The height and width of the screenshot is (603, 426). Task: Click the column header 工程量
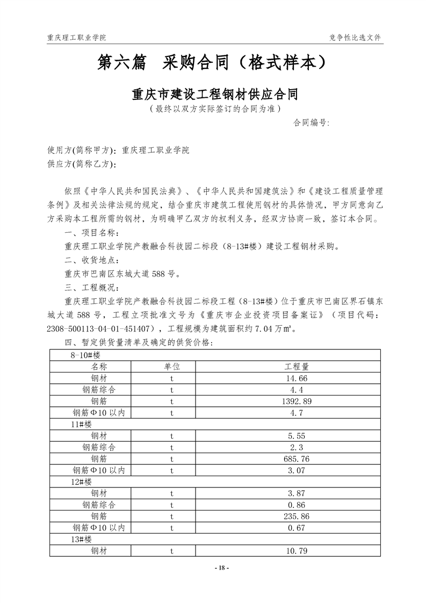coord(296,366)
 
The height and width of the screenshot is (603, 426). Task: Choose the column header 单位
coord(172,366)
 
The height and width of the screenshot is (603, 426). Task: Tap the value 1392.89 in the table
coord(296,401)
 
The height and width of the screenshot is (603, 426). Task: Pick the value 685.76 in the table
coord(296,458)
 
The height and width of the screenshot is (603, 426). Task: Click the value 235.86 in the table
coord(296,516)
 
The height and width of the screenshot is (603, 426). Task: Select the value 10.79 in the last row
coord(296,551)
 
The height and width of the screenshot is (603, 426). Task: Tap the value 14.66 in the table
coord(296,378)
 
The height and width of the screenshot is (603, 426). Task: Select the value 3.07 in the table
coord(296,470)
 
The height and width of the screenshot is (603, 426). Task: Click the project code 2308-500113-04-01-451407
coord(100,328)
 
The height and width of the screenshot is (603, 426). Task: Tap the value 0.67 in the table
coord(296,528)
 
